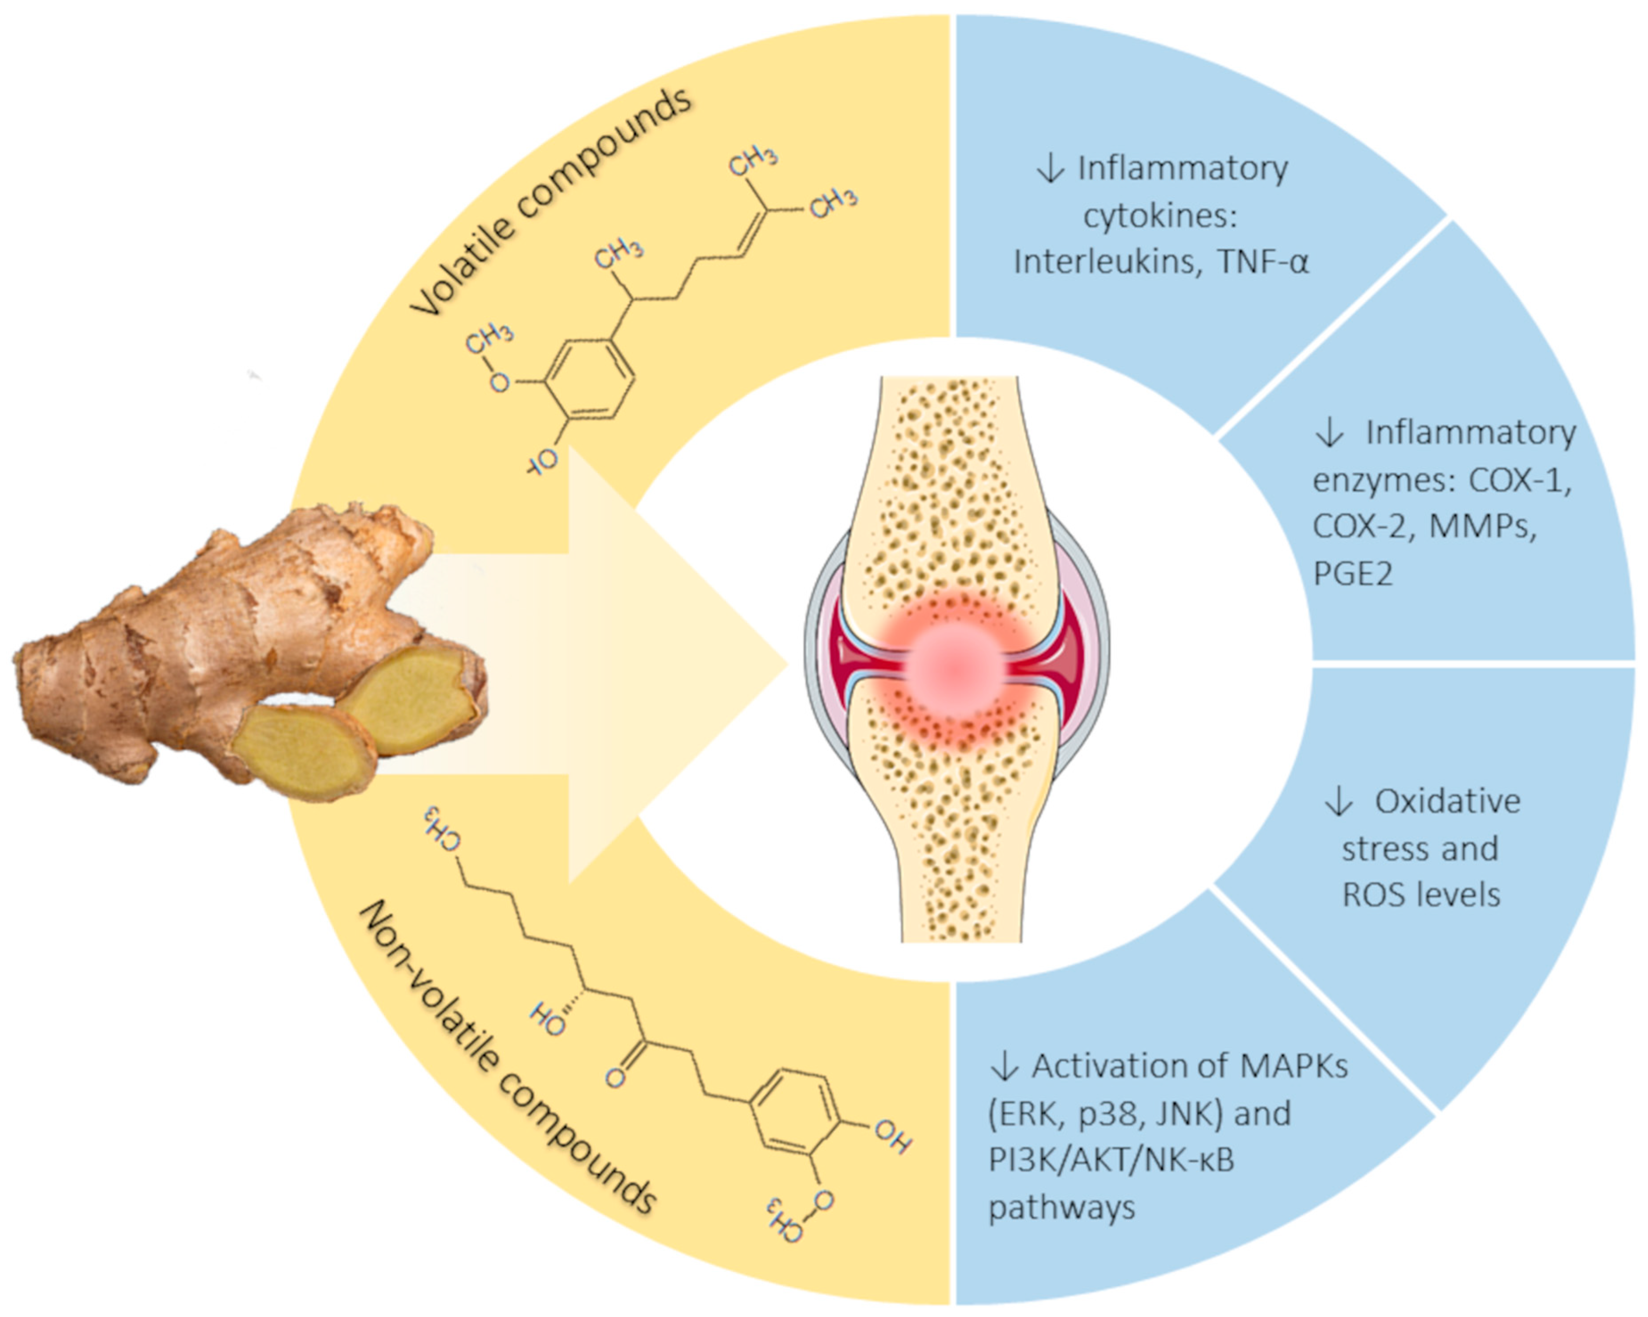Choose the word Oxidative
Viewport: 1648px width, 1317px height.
(1447, 802)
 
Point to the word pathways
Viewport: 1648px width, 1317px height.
(1062, 1208)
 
